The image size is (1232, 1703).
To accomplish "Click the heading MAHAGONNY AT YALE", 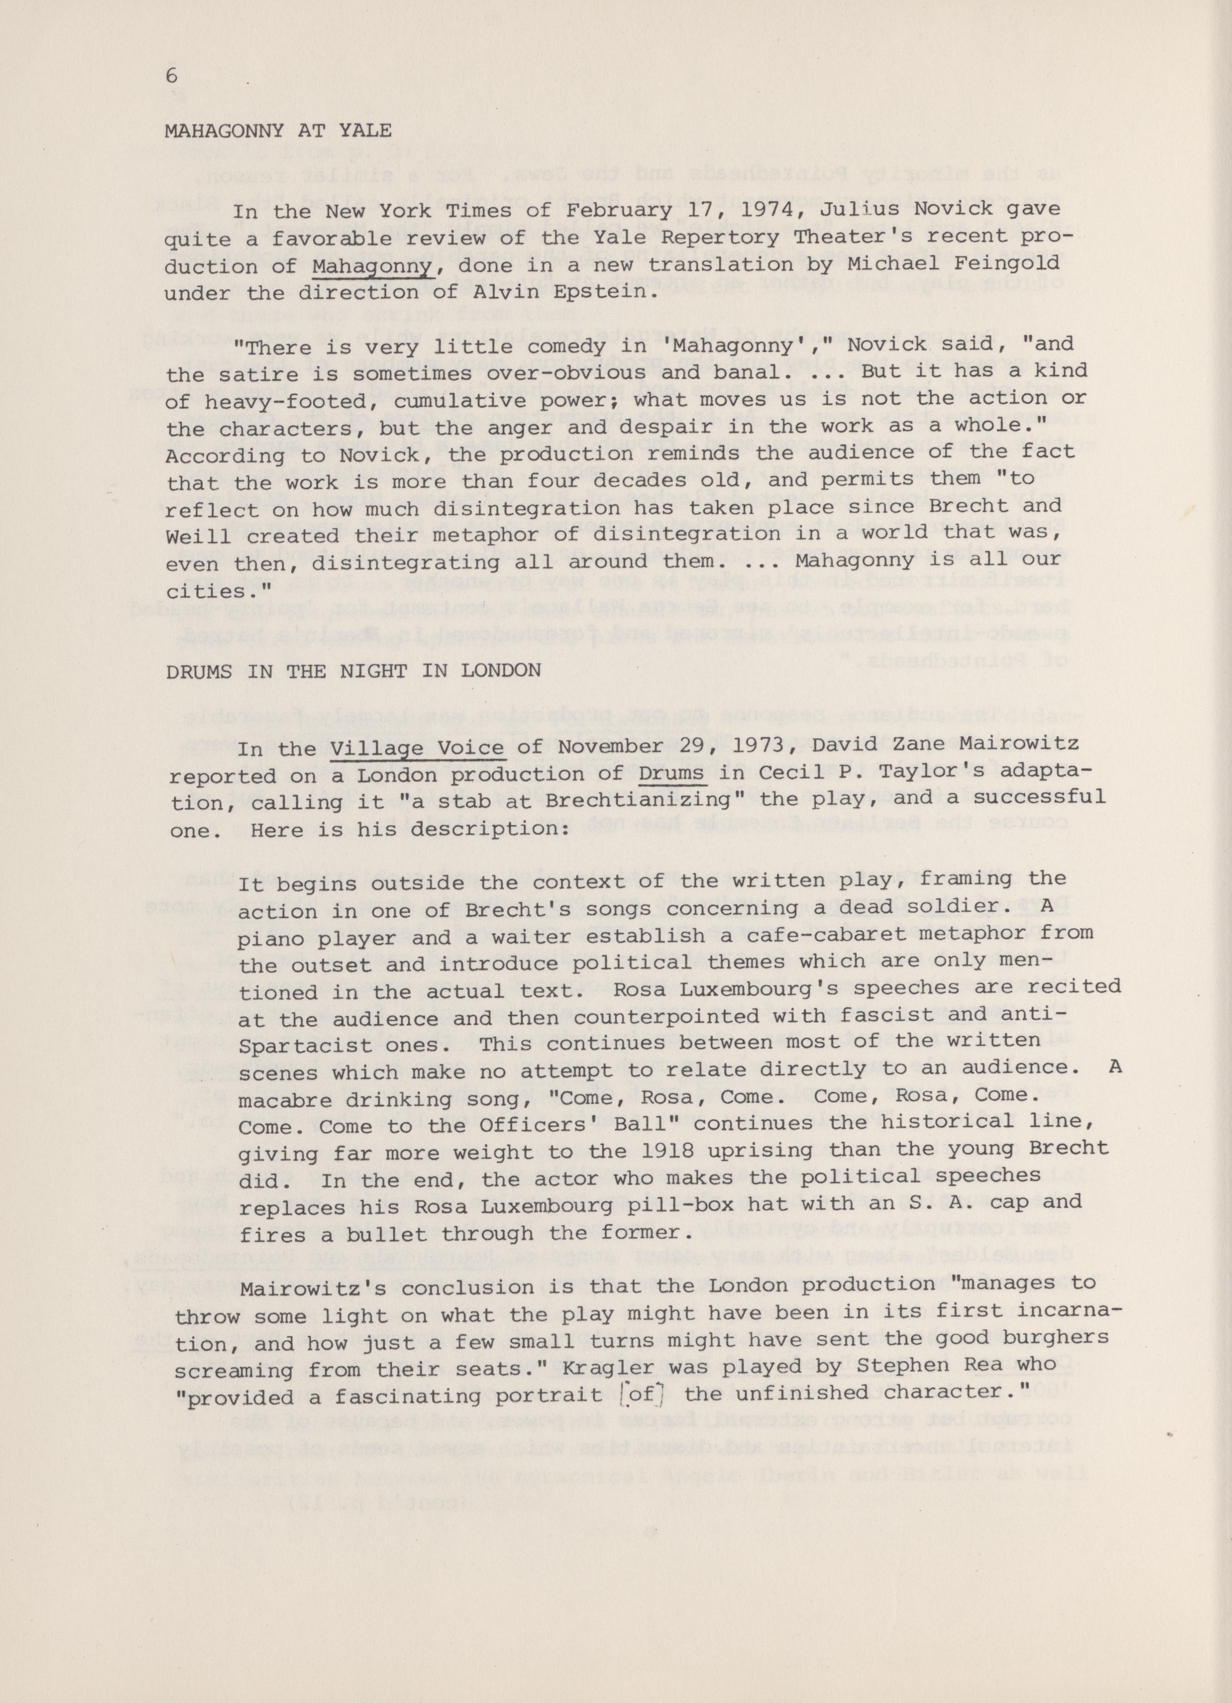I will point(278,131).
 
